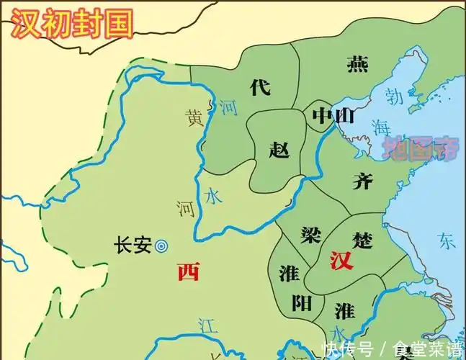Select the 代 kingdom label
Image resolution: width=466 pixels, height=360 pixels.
click(x=259, y=88)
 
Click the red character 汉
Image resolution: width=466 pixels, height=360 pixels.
click(x=341, y=261)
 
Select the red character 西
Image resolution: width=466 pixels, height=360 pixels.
click(x=189, y=271)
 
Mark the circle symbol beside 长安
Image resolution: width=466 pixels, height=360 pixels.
click(x=161, y=246)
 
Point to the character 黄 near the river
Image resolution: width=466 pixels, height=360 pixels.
click(x=194, y=117)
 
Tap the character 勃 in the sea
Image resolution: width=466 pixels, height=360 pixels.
click(x=393, y=95)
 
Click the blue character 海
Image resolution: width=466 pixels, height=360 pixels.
click(x=380, y=127)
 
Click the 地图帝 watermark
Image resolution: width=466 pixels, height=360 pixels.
click(x=421, y=149)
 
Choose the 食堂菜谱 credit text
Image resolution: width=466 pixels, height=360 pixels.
click(x=428, y=350)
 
